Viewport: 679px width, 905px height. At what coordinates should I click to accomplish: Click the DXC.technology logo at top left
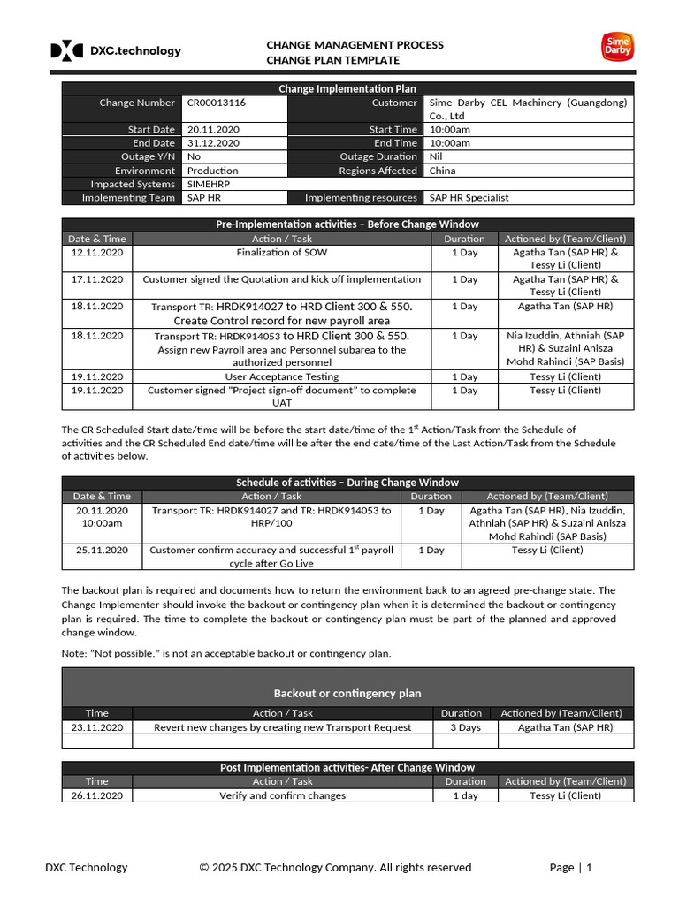tap(115, 51)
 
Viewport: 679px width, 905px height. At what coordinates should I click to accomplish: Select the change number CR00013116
tap(217, 103)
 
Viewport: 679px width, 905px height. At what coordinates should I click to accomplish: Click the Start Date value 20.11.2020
tap(213, 130)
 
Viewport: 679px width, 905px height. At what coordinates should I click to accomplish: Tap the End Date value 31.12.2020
tap(213, 143)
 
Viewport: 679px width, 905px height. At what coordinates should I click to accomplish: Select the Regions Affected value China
tap(442, 171)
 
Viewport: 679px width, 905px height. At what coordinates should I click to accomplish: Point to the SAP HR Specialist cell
tap(469, 198)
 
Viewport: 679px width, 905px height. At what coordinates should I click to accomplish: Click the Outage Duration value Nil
tap(436, 156)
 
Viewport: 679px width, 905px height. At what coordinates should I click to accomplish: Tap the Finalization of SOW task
tap(282, 253)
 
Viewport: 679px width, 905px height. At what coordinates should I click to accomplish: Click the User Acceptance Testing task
tap(282, 376)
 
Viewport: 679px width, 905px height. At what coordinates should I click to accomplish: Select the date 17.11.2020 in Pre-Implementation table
tap(97, 279)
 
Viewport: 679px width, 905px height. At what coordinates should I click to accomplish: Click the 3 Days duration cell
tap(464, 727)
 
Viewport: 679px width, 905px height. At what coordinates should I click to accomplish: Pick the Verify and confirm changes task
tap(282, 795)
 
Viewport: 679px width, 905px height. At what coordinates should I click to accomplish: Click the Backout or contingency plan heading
tap(347, 694)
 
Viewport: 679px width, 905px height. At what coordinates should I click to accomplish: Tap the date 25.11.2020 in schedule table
tap(102, 550)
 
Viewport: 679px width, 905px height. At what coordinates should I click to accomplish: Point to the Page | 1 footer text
tap(570, 867)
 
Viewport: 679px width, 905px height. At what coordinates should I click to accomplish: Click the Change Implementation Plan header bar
tap(347, 88)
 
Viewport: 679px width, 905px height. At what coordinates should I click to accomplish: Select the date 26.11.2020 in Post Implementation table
tap(97, 795)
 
